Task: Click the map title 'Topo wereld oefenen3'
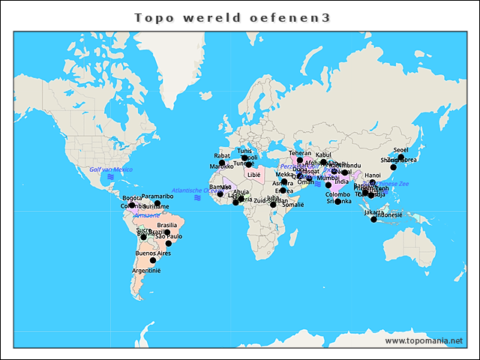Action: click(x=232, y=16)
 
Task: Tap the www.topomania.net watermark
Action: click(x=423, y=340)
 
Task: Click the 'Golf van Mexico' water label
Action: click(x=110, y=170)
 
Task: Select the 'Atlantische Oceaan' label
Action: click(x=196, y=190)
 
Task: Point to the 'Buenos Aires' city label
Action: click(x=153, y=253)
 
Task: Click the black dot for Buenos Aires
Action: click(x=153, y=261)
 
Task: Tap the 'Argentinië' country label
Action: click(x=146, y=270)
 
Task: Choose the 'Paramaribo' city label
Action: click(x=157, y=196)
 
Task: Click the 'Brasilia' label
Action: click(x=166, y=225)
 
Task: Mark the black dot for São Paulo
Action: click(x=169, y=244)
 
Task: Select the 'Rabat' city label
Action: click(x=222, y=156)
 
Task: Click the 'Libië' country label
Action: click(x=253, y=174)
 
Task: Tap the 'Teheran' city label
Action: click(x=300, y=153)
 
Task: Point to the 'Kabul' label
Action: click(x=323, y=154)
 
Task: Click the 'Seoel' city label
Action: click(x=400, y=150)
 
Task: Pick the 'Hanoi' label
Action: click(x=373, y=175)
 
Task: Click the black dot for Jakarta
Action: click(x=373, y=219)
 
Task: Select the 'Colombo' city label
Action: click(x=337, y=194)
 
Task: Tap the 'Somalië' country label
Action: click(x=292, y=204)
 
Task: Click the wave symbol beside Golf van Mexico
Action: click(x=110, y=177)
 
